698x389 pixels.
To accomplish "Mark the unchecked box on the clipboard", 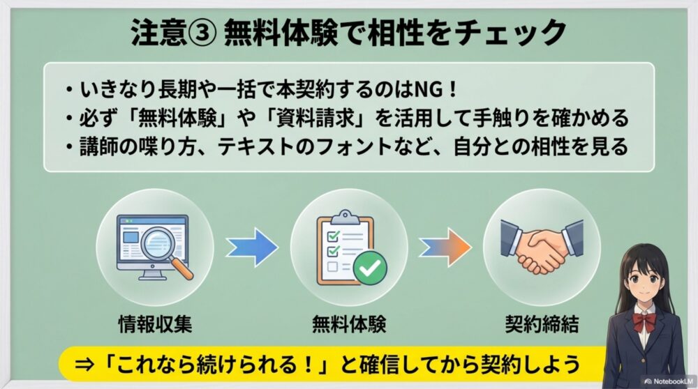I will click(334, 266).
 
